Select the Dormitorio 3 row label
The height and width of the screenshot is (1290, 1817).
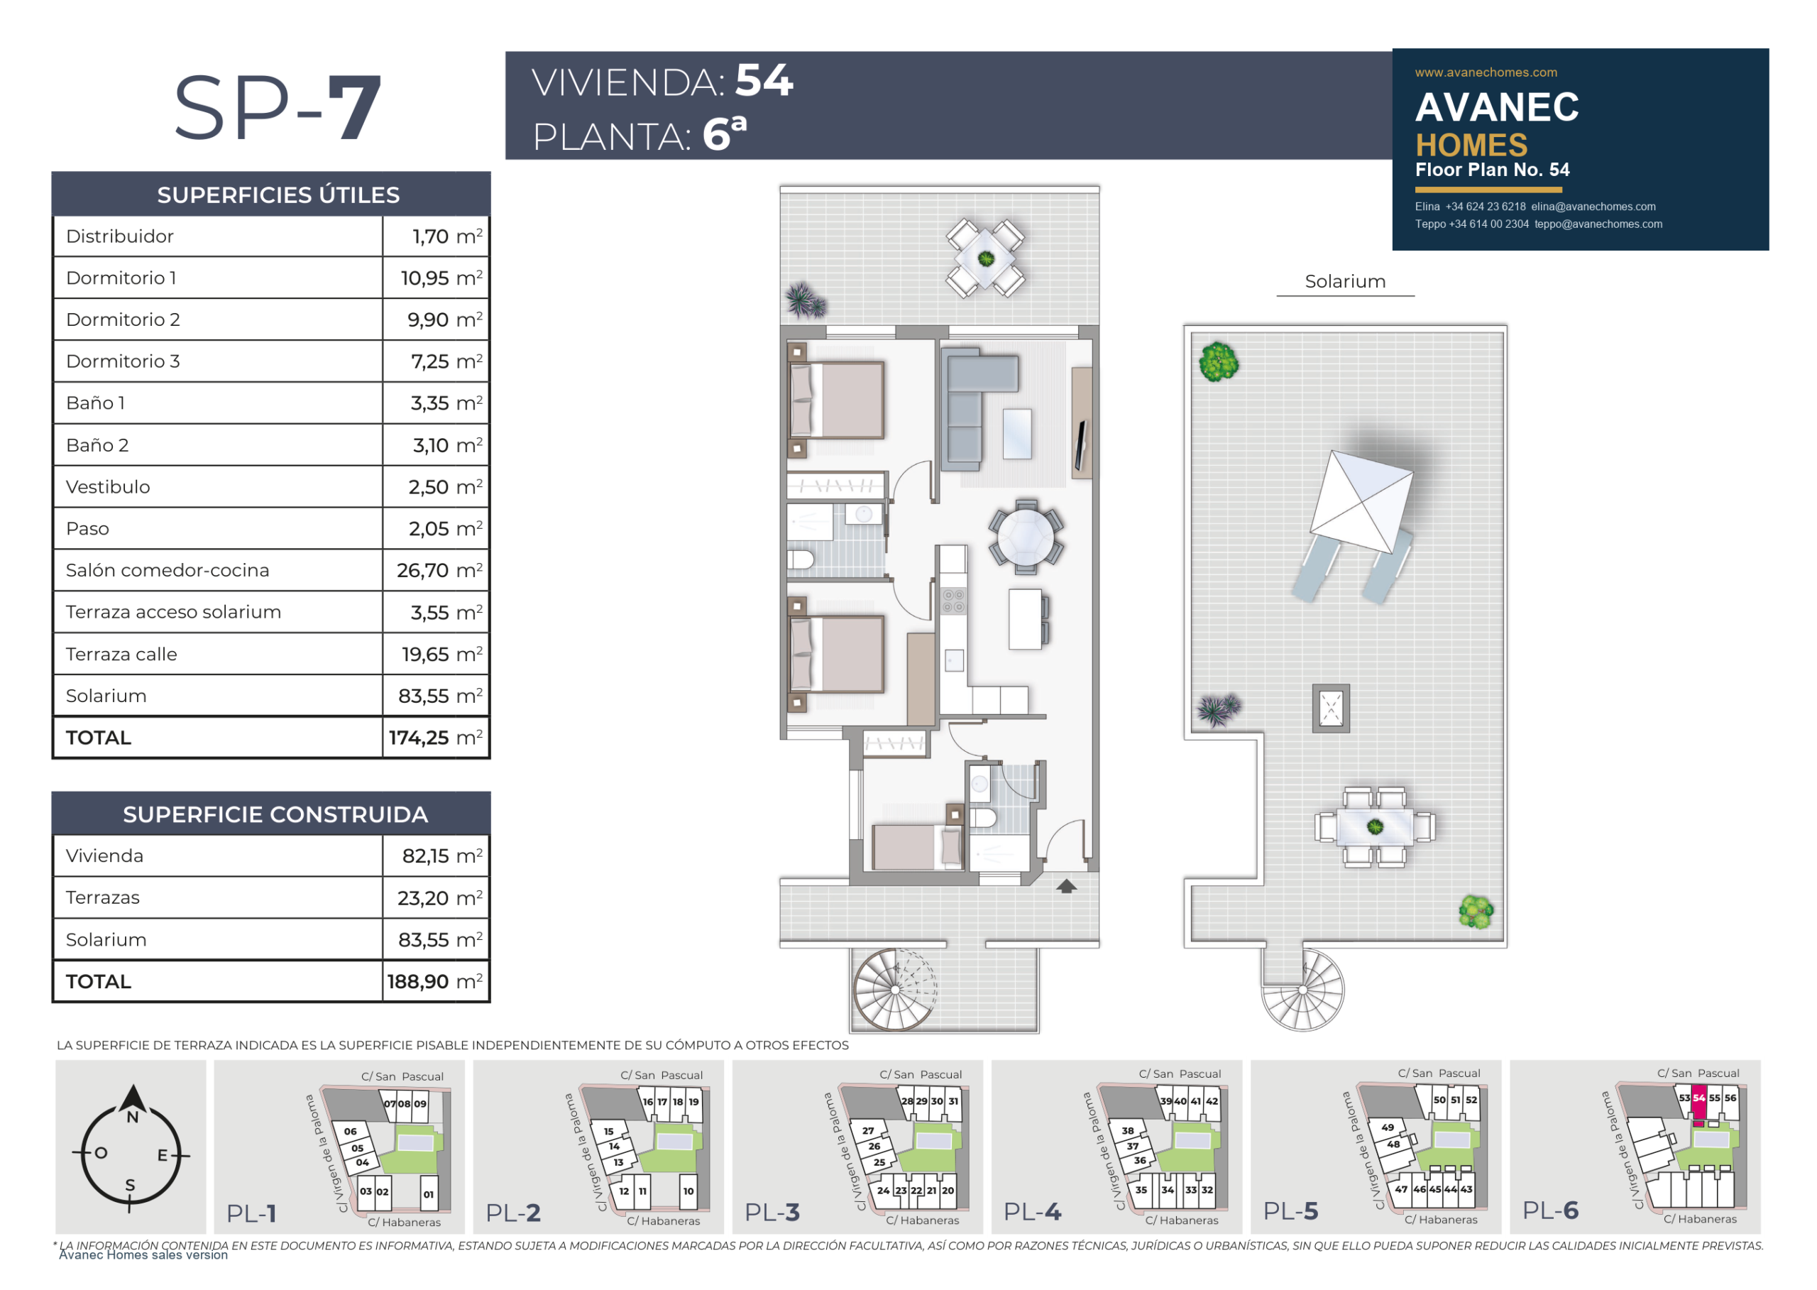123,361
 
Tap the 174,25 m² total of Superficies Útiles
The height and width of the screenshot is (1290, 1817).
435,738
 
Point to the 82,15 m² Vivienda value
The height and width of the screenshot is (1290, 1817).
442,856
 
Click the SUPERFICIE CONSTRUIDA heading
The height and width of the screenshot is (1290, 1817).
275,815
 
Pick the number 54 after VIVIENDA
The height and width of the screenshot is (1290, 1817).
764,80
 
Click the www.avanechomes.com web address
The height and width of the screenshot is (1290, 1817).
1486,72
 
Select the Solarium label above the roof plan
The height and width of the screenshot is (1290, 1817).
1345,281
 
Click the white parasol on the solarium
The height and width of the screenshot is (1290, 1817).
1361,501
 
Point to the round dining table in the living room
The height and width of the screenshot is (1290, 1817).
1026,537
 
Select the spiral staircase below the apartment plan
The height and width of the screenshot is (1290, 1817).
895,990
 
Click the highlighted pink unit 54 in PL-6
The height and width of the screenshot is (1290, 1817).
1698,1103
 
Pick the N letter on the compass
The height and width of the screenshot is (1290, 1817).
133,1117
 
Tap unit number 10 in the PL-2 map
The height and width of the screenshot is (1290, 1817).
688,1191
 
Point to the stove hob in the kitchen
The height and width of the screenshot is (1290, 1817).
954,601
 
